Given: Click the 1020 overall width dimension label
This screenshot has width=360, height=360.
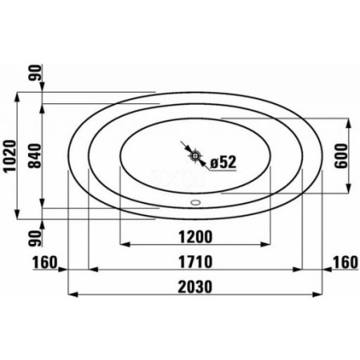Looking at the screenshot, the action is point(10,156).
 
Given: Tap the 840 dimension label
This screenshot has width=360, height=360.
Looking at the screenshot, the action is point(35,156).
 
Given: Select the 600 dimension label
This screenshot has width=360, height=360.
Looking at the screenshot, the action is point(342,156).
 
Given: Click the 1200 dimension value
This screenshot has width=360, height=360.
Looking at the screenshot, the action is point(195,237).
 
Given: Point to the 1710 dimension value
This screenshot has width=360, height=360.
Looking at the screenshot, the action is point(195,262).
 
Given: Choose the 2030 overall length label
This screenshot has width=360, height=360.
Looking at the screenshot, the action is point(195,287).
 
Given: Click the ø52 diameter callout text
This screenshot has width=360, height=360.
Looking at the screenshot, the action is point(223,162).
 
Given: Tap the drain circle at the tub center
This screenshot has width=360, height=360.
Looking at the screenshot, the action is point(195,155).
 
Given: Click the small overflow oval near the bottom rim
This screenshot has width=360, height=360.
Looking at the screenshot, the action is point(195,202).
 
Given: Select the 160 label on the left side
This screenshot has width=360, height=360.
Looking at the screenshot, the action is point(45,262).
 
